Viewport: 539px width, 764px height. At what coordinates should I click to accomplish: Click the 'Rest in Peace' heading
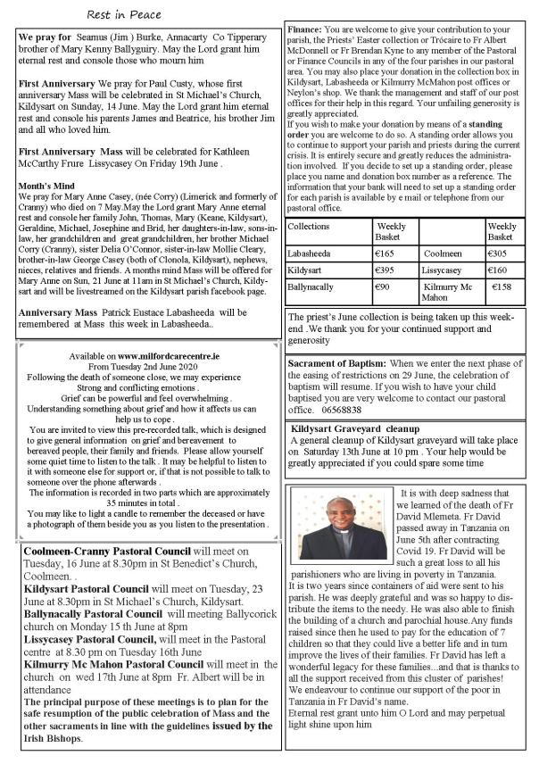[x=123, y=15]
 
